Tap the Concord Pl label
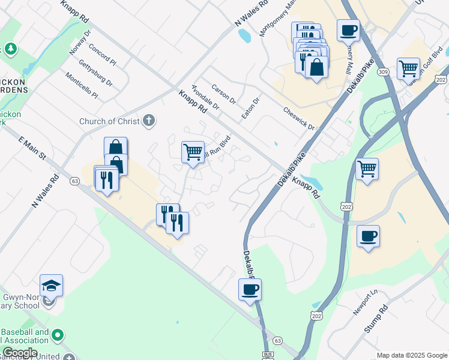(102, 53)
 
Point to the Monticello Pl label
(82, 86)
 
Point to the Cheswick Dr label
(299, 118)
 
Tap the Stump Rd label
(376, 319)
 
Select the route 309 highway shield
(383, 72)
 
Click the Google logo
(19, 353)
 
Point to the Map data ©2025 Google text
(411, 355)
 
